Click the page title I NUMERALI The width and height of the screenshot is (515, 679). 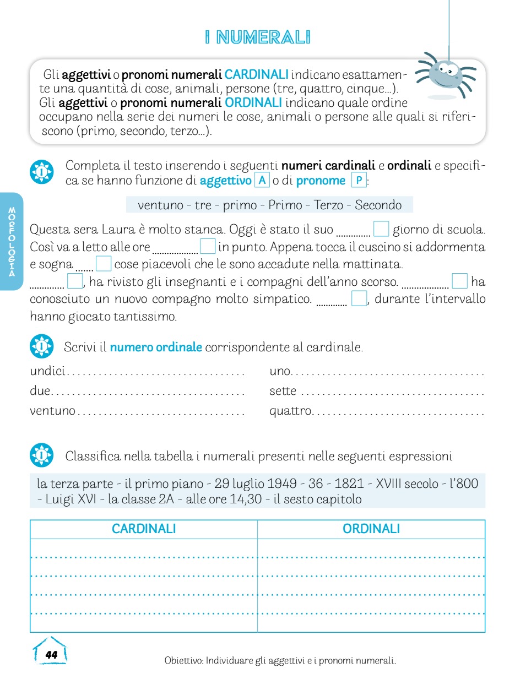point(257,38)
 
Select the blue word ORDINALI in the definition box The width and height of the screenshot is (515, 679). point(253,102)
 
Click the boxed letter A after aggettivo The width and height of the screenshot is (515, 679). point(262,180)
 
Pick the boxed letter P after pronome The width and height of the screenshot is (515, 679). point(359,180)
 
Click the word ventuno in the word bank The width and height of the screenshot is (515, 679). point(160,205)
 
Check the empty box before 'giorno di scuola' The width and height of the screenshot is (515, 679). point(381,229)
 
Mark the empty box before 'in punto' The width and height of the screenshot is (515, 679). point(207,246)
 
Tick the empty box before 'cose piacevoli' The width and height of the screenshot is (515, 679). point(104,264)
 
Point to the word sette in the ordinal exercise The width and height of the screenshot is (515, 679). point(283,391)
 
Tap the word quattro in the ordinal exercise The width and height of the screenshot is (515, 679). point(290,411)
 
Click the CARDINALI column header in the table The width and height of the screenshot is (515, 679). point(144,529)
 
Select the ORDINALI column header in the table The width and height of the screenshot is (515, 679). point(371,529)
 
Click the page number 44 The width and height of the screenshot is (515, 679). point(51,655)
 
